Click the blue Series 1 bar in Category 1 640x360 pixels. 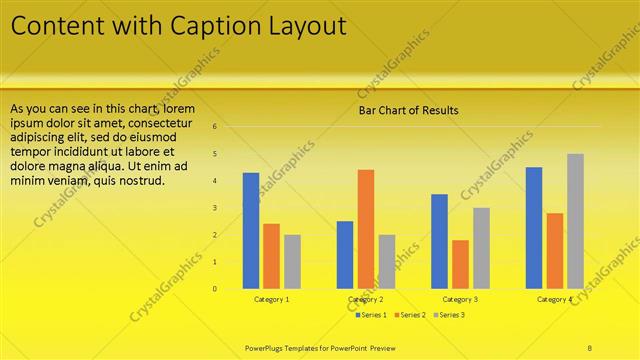[251, 231]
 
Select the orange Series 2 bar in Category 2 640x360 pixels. [366, 229]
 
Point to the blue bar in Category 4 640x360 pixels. [534, 228]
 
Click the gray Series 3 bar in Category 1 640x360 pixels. [292, 262]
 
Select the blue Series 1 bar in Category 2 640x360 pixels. [345, 255]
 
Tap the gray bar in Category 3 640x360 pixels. [481, 248]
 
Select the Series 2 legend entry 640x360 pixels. [410, 315]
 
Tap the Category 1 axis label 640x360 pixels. [272, 299]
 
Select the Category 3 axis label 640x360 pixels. [460, 299]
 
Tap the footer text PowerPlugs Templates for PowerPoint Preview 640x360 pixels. [320, 347]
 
